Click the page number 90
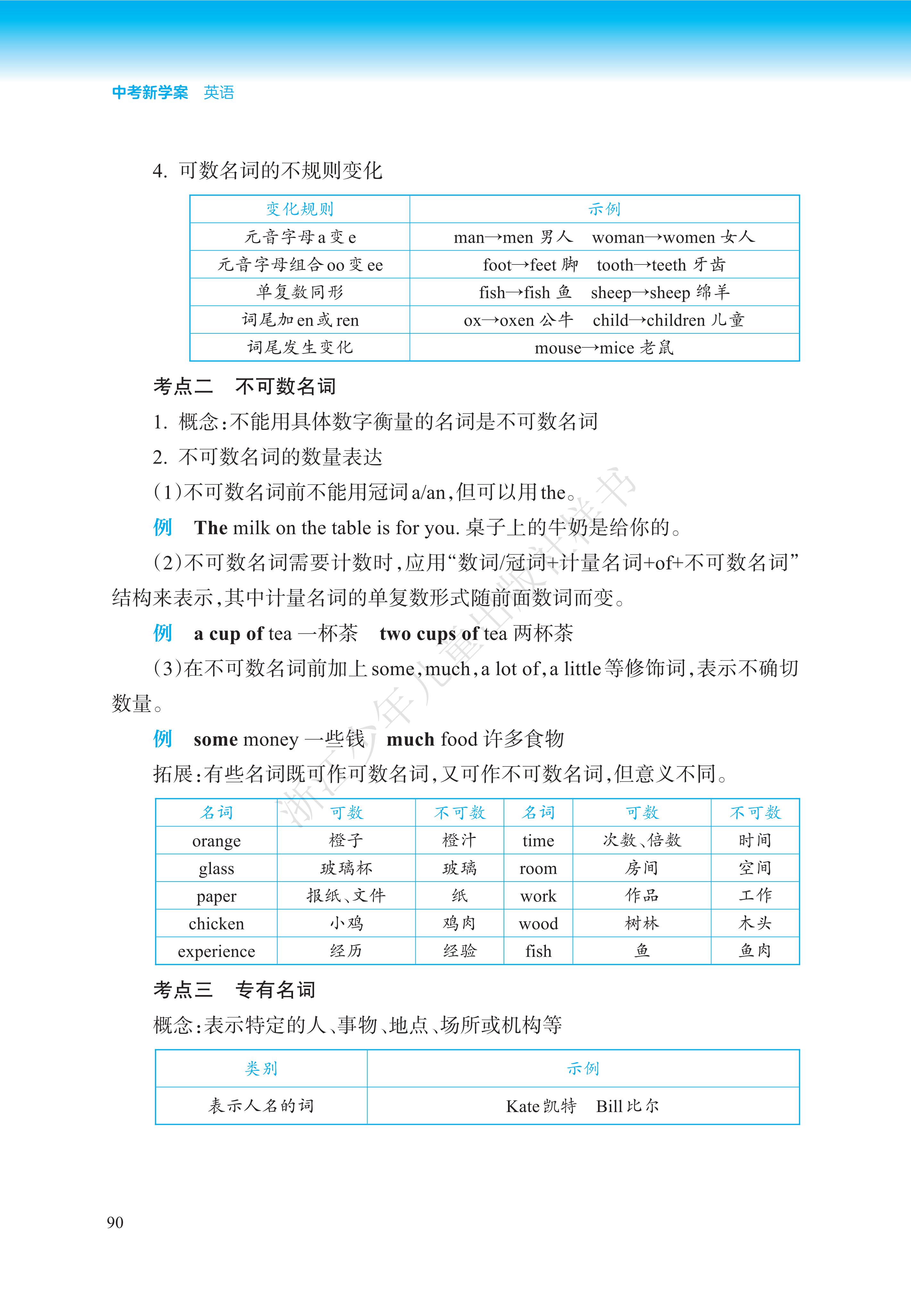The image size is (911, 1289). [115, 1222]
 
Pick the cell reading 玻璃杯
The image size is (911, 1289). [346, 868]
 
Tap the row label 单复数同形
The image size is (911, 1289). [300, 292]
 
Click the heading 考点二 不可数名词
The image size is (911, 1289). [244, 386]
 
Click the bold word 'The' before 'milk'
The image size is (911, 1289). [211, 528]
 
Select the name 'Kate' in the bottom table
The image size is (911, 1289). [522, 1106]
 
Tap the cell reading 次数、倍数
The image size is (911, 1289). [641, 841]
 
